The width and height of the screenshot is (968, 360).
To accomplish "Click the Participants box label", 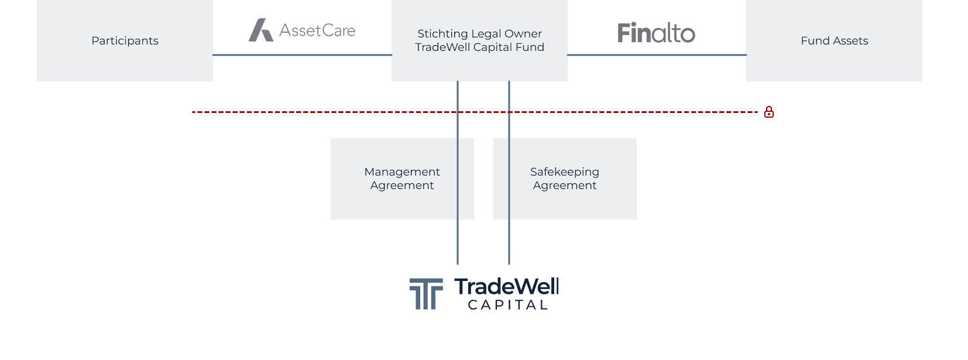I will pyautogui.click(x=125, y=40).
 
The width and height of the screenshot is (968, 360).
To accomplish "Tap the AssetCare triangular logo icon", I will pyautogui.click(x=260, y=30).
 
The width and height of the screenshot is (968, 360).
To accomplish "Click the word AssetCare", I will pyautogui.click(x=317, y=30).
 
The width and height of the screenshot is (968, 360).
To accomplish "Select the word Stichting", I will pyautogui.click(x=442, y=33).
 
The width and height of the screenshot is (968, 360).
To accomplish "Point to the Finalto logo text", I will pyautogui.click(x=656, y=33).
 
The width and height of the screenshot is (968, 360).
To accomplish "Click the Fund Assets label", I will pyautogui.click(x=834, y=40).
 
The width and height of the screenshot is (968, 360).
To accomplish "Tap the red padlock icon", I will pyautogui.click(x=769, y=112).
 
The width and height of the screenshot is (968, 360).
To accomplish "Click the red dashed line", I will pyautogui.click(x=351, y=112).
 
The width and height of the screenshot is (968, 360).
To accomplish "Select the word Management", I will pyautogui.click(x=402, y=172).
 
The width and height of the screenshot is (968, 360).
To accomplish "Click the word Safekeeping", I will pyautogui.click(x=565, y=172).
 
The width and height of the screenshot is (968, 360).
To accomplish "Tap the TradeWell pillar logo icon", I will pyautogui.click(x=426, y=293).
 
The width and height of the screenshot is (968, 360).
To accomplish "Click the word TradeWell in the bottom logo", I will pyautogui.click(x=507, y=286).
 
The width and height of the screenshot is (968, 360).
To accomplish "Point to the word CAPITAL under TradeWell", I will pyautogui.click(x=508, y=305).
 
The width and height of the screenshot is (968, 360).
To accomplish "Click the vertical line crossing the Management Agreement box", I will pyautogui.click(x=458, y=199).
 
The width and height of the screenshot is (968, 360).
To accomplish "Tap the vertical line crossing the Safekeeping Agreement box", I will pyautogui.click(x=509, y=199).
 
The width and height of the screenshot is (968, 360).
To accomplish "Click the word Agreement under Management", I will pyautogui.click(x=402, y=186).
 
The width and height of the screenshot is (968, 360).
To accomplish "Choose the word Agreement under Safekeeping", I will pyautogui.click(x=565, y=186).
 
